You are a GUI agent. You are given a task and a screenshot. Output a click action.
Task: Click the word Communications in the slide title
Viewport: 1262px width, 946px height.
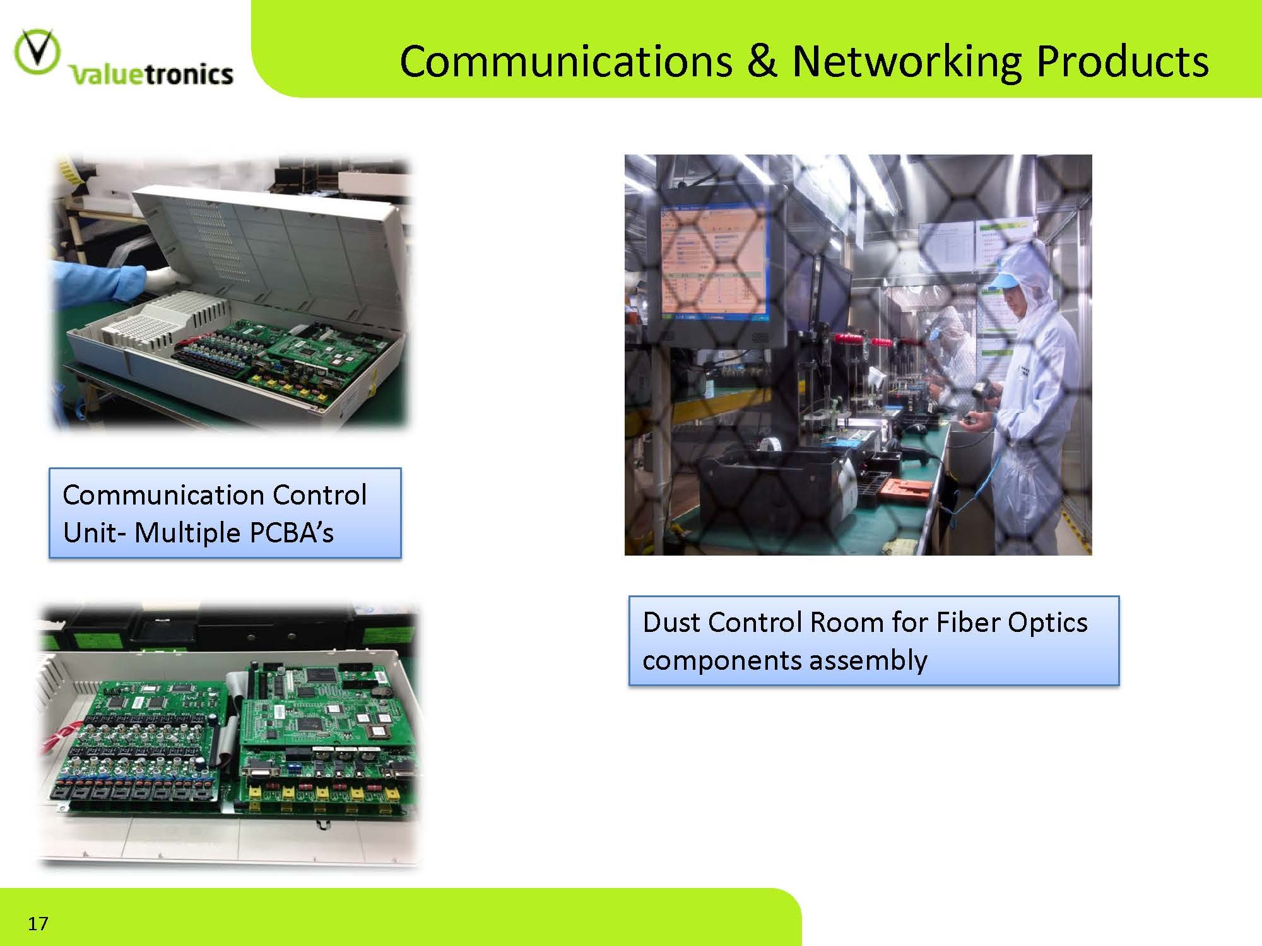tap(565, 61)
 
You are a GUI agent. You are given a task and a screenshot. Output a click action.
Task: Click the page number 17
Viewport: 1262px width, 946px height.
tap(38, 923)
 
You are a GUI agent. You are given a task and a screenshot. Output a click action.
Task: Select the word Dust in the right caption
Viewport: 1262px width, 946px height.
tap(671, 622)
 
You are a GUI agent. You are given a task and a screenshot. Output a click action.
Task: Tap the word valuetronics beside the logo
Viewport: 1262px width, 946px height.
tap(151, 74)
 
